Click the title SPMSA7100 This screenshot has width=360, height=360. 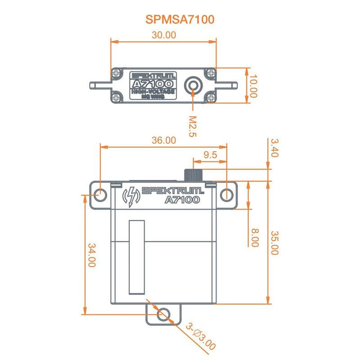pyautogui.click(x=180, y=20)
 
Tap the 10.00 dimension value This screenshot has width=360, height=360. pyautogui.click(x=253, y=85)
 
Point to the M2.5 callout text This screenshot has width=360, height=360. pyautogui.click(x=192, y=126)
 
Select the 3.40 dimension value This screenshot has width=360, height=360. pyautogui.click(x=274, y=148)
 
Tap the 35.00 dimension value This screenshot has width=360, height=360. pyautogui.click(x=274, y=242)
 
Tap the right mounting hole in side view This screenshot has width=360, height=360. pyautogui.click(x=227, y=194)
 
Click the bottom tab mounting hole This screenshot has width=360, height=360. pyautogui.click(x=164, y=314)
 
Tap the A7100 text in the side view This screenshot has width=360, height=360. pyautogui.click(x=182, y=200)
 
